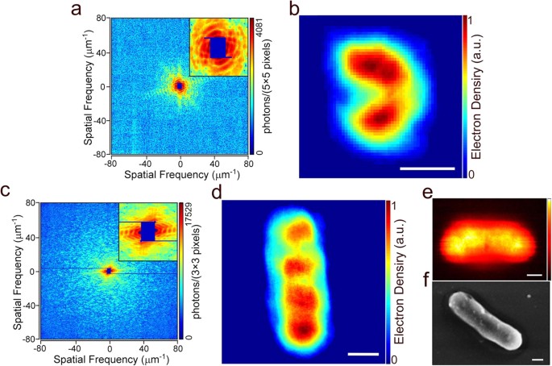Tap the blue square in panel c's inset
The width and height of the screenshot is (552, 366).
click(147, 231)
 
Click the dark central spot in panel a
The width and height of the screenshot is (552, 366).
click(179, 85)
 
